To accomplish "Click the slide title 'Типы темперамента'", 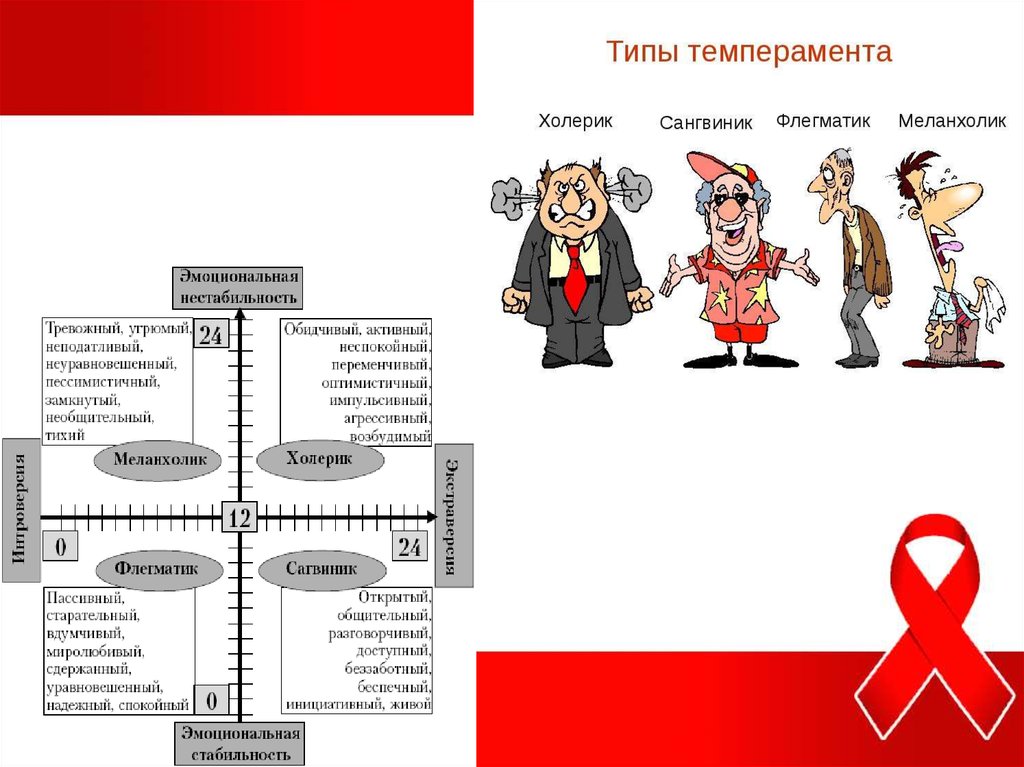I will (748, 53).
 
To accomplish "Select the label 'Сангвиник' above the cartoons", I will (706, 124).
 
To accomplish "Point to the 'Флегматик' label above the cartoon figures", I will (823, 121).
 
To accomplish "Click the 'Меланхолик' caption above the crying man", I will (951, 121).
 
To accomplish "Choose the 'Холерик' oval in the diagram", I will (320, 460).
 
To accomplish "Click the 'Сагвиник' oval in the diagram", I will (321, 569).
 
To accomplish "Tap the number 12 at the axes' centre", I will (240, 517).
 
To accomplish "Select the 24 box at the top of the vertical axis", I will (210, 335).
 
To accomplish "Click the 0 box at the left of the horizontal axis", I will (61, 547).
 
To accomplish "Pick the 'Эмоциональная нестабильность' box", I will (238, 287).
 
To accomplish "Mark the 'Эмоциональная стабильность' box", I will (240, 743).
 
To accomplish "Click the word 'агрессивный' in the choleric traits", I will (388, 418).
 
